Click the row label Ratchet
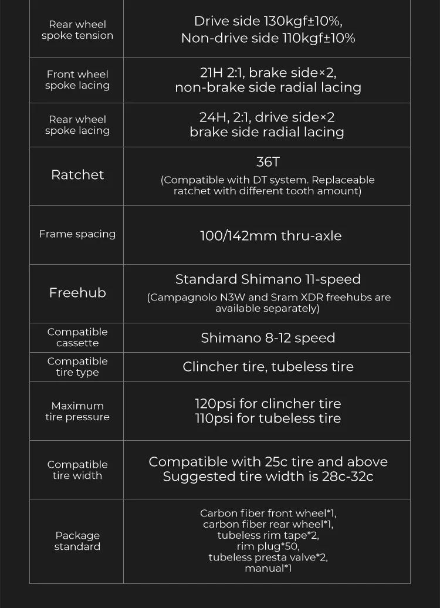coord(77,175)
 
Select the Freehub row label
coord(77,293)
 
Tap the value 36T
coord(268,162)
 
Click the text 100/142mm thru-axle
coord(270,236)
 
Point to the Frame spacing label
coord(77,234)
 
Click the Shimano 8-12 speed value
coord(268,338)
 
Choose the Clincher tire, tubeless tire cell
coord(268,367)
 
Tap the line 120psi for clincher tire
coord(268,404)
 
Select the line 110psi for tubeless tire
coord(268,418)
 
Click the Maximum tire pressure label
coord(77,411)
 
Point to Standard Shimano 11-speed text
coord(268,279)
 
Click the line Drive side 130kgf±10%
coord(268,22)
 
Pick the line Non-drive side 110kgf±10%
coord(268,38)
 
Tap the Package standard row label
coord(77,541)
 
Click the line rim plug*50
coord(268,546)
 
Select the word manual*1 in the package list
coord(268,568)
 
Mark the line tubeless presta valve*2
coord(268,558)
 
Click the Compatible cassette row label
coord(77,337)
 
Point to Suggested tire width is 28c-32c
coord(268,477)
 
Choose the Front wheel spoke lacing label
coord(77,80)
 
